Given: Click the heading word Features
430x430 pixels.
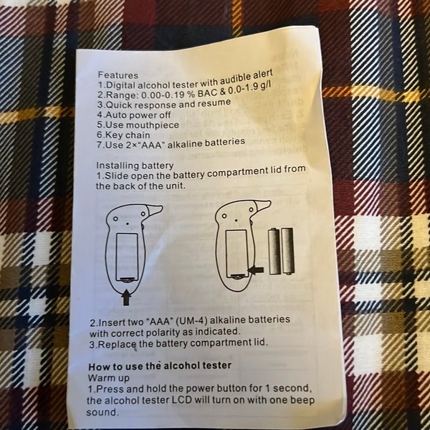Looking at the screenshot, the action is tap(118, 75).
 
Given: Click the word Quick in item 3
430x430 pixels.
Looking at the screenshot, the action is tap(119, 105).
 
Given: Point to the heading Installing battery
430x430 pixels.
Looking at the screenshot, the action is tap(135, 166).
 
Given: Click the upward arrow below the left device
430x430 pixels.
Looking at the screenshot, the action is tap(126, 298).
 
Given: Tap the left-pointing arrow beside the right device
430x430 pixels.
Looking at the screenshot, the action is tap(256, 271).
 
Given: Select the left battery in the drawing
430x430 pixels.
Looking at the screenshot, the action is tap(274, 252).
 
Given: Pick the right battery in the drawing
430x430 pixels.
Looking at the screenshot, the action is tap(287, 251).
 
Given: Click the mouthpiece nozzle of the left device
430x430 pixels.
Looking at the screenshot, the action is tap(154, 210).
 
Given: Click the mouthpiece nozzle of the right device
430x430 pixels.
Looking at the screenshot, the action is tap(262, 205).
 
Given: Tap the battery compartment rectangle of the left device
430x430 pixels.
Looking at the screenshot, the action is tap(127, 257).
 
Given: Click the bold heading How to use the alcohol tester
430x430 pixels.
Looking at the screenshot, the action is tap(160, 366).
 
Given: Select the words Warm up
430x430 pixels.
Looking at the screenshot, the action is tap(108, 378).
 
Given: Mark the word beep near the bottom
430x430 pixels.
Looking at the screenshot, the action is tap(302, 400).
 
